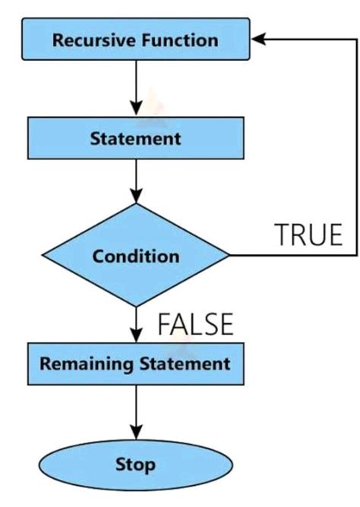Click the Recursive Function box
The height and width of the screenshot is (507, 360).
135,40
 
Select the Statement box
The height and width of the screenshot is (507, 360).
135,140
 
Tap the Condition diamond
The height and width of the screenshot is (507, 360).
135,257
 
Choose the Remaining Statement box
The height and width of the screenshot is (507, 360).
135,364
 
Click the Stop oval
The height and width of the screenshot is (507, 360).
135,463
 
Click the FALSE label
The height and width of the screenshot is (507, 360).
194,324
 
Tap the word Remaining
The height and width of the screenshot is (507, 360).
86,364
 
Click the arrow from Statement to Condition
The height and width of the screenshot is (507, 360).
135,182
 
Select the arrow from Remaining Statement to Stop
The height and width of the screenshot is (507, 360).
135,414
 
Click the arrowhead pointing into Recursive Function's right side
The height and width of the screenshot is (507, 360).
259,40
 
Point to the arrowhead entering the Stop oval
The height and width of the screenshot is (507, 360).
135,437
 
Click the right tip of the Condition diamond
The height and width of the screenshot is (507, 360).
228,257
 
